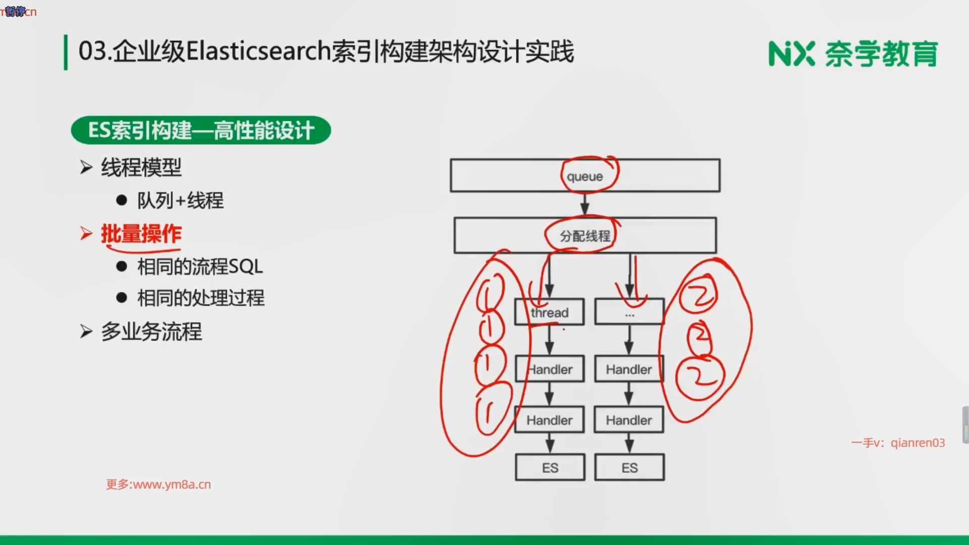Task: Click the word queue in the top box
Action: point(584,177)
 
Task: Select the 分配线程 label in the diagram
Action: point(584,236)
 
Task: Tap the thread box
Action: point(549,312)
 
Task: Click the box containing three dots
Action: point(629,312)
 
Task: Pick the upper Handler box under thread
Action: point(550,369)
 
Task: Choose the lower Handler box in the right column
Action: point(629,420)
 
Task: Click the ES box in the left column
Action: point(550,468)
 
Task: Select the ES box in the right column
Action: point(629,468)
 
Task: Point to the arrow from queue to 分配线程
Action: point(584,204)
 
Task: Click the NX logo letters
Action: point(791,54)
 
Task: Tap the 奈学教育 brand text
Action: point(881,54)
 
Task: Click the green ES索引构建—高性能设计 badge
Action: point(201,131)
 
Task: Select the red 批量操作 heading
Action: point(141,234)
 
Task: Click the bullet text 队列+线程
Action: point(180,201)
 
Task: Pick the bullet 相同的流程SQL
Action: point(200,266)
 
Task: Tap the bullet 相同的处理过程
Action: point(201,298)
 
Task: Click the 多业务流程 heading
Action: point(151,332)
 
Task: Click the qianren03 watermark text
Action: point(918,443)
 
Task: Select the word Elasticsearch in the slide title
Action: point(258,51)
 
